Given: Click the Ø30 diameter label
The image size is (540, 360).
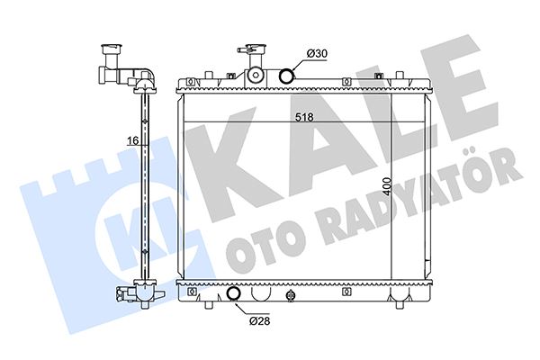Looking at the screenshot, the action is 317,54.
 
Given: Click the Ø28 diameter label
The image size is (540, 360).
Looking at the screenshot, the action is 260,321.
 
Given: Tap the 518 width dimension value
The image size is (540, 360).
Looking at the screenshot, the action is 305,118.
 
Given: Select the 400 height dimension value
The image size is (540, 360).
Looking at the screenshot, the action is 387,186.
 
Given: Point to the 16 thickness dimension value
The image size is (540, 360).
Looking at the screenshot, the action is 132,140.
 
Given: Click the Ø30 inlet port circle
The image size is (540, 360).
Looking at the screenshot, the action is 286,76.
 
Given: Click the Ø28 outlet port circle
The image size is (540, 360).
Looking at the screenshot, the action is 234,293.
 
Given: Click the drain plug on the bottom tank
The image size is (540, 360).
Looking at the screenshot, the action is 291,295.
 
